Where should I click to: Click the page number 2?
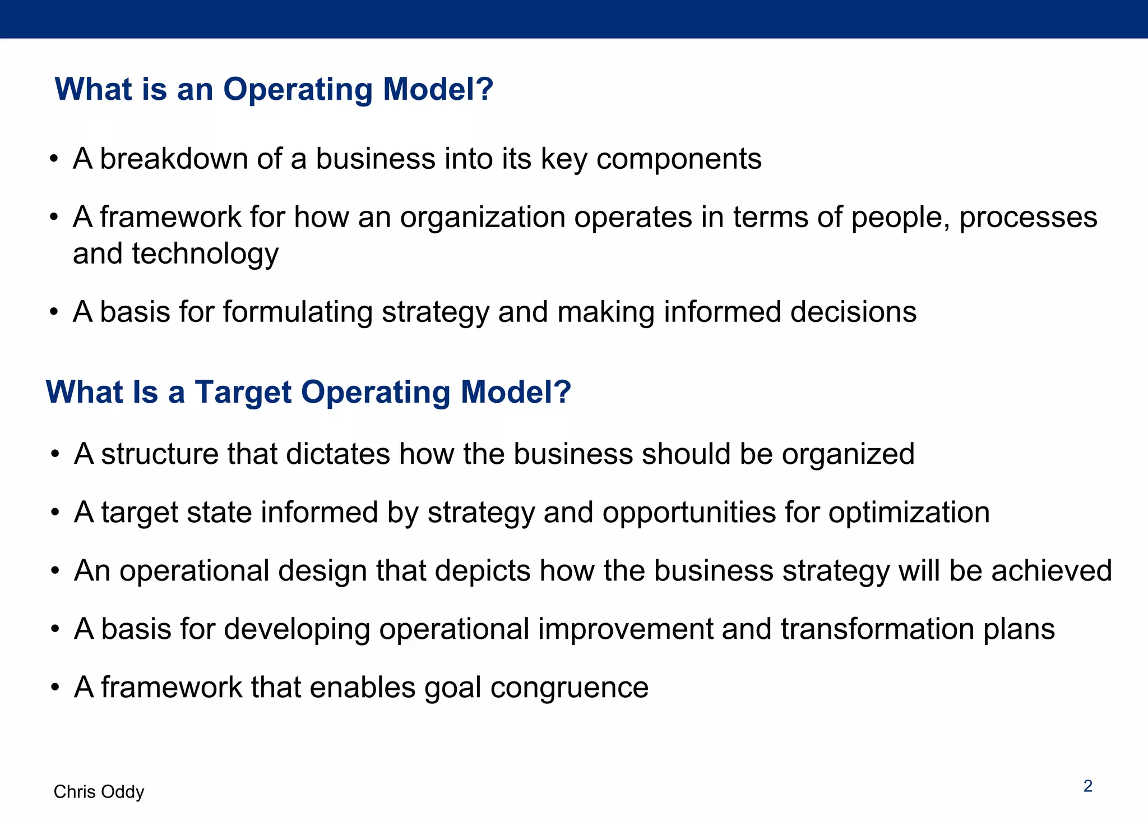(x=1087, y=786)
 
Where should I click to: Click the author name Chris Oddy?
(x=99, y=791)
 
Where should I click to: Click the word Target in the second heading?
(x=243, y=391)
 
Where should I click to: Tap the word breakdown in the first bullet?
(x=173, y=159)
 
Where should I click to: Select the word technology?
(x=205, y=254)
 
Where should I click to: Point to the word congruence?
(x=569, y=688)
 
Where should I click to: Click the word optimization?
(x=909, y=513)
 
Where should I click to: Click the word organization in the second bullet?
(x=482, y=218)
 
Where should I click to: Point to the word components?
(x=678, y=159)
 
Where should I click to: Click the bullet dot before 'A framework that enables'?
(x=54, y=688)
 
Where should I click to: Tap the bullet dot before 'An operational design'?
(x=54, y=571)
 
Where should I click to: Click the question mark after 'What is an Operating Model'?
(x=483, y=89)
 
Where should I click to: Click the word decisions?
(x=853, y=312)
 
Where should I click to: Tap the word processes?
(x=1027, y=218)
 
